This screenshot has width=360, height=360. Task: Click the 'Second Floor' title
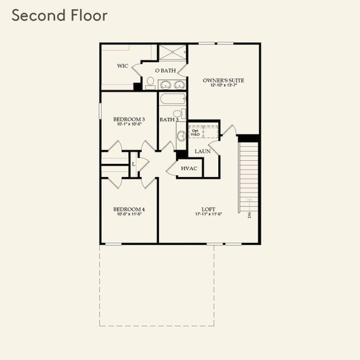[59, 16]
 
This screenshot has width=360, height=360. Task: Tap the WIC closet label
[122, 66]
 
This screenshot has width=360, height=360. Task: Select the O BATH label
[165, 71]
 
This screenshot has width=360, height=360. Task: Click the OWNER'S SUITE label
[223, 80]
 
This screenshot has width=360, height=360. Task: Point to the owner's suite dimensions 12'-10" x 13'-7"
[223, 86]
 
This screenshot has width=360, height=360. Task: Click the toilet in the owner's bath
[150, 81]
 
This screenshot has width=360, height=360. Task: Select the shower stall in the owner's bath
[173, 52]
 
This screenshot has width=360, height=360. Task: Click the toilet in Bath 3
[177, 114]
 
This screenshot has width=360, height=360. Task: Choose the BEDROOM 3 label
[129, 119]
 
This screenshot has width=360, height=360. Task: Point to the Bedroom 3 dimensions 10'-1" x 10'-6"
[129, 125]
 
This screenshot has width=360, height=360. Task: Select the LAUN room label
[202, 151]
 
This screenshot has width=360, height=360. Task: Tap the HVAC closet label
[189, 169]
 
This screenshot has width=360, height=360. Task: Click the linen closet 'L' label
[133, 163]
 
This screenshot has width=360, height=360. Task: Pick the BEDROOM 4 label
[129, 209]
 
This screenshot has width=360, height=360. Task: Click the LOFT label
[208, 209]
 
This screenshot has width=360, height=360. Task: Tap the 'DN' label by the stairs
[249, 214]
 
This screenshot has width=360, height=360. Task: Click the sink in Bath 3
[181, 136]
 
